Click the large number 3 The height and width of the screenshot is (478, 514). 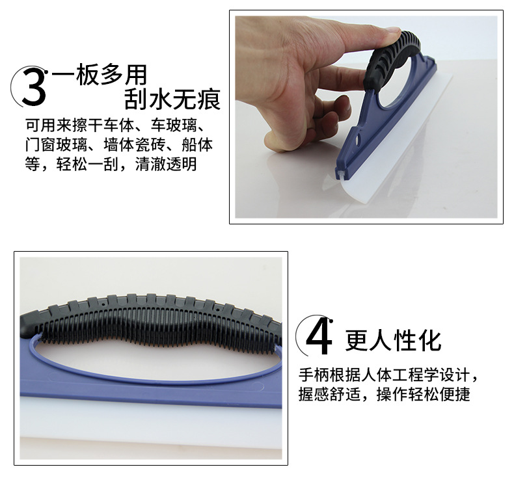point(33,86)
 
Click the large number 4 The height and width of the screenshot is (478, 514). point(319,336)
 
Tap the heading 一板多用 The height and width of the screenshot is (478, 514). point(99,75)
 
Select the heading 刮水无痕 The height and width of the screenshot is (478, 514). point(172,100)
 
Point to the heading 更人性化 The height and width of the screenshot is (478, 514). point(393,341)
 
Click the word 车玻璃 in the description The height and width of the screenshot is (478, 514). point(174,125)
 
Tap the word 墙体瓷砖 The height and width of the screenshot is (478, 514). point(135,144)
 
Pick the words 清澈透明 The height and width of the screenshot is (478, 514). point(166,164)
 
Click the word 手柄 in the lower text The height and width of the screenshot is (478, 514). point(314,375)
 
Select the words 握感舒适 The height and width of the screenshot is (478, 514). point(329,394)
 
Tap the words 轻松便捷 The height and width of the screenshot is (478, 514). point(439,394)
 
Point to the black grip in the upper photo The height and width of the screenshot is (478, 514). point(390,60)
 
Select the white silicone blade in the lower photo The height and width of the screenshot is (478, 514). point(151,423)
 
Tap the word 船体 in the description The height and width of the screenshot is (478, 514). point(197,144)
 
